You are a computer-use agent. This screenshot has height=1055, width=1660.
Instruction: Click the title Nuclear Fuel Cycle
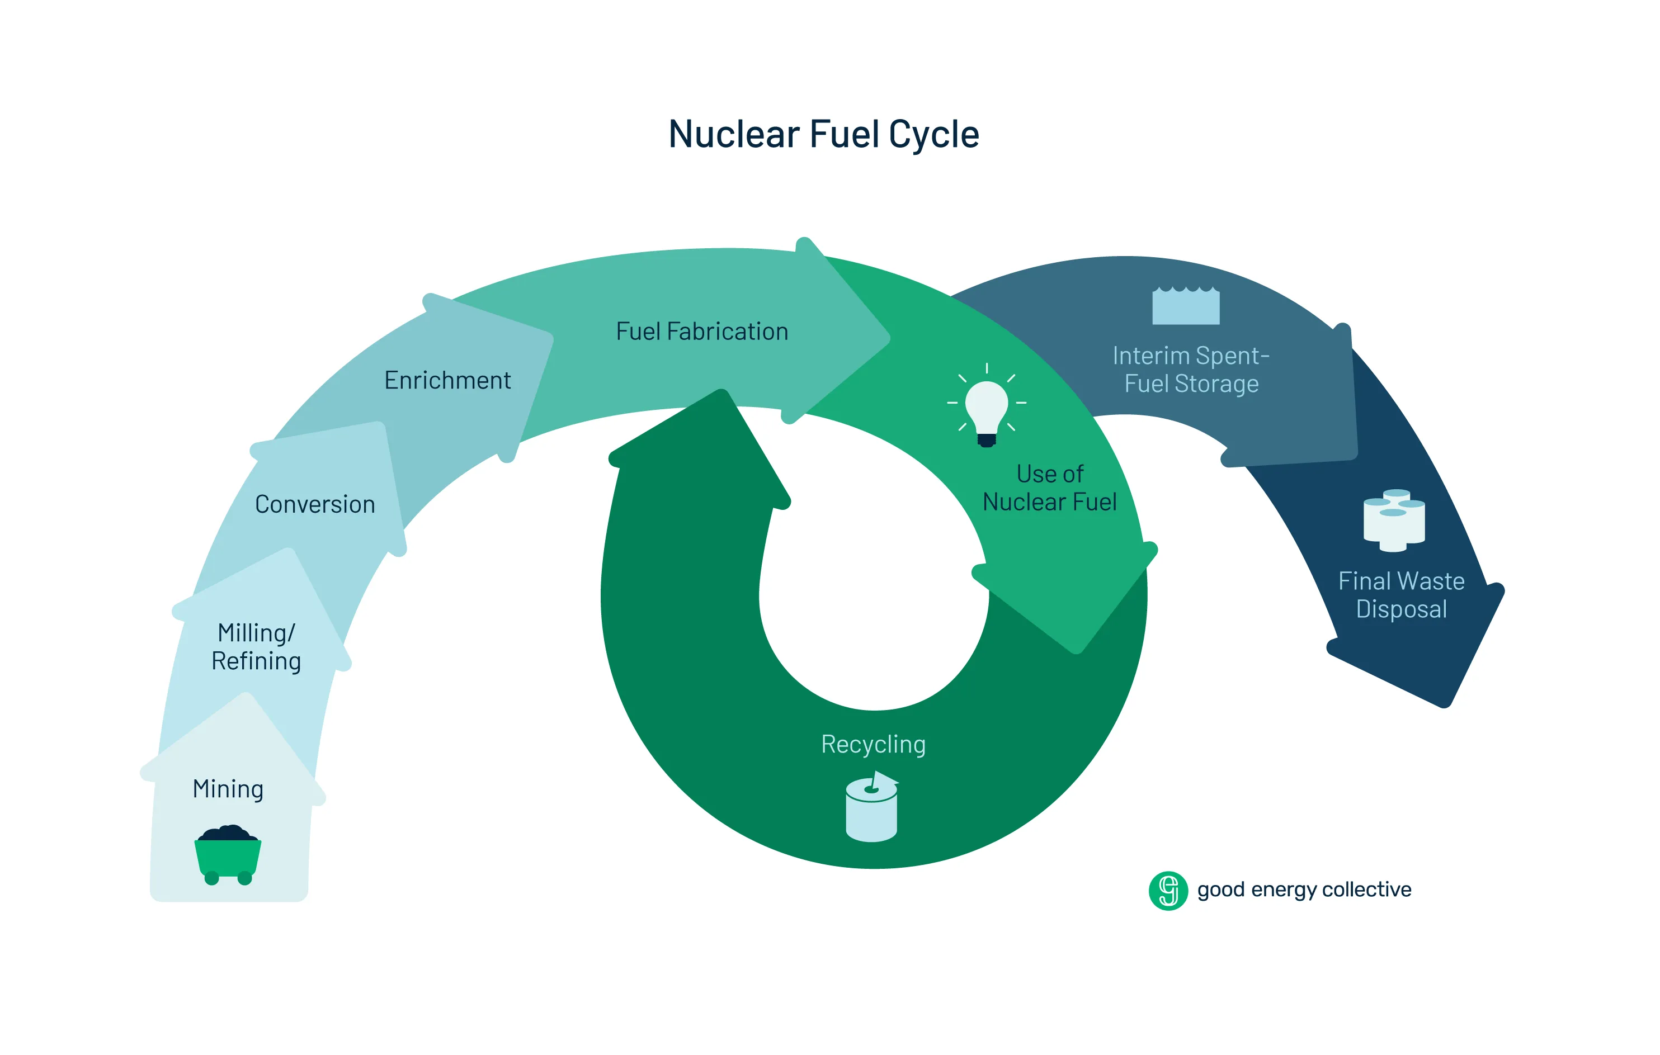(x=823, y=134)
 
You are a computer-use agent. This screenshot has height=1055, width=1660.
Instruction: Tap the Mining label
(x=228, y=788)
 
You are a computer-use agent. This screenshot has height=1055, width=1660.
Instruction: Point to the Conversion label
(x=315, y=504)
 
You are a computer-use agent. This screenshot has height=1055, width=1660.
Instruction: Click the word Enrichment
(x=447, y=380)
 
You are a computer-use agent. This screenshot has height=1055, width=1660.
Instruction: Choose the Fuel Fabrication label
(x=702, y=332)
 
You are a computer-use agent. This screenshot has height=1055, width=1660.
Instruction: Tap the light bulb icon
(x=987, y=406)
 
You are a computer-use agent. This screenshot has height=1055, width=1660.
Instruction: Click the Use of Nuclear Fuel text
(x=1049, y=488)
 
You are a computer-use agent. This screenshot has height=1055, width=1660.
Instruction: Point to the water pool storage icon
(x=1186, y=306)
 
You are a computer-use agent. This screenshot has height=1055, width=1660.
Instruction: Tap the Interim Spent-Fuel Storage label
(x=1191, y=370)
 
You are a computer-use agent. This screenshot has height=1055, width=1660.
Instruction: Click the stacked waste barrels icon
(x=1394, y=521)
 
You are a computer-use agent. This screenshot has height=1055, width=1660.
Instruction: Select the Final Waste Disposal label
(x=1401, y=595)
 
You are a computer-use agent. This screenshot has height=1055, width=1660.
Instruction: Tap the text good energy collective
(x=1304, y=890)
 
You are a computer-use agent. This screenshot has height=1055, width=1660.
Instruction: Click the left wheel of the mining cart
(x=211, y=878)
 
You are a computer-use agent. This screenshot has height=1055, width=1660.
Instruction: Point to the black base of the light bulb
(x=987, y=439)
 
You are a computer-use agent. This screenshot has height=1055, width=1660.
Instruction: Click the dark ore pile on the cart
(x=228, y=832)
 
